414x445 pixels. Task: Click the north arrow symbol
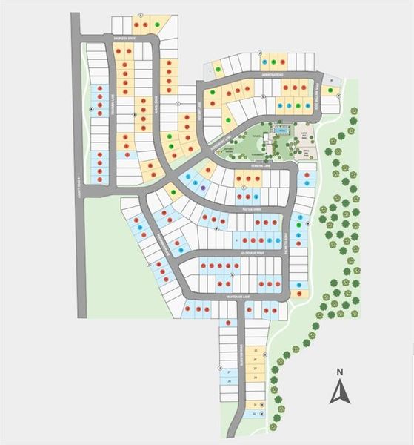pos(338,391)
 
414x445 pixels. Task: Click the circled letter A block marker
pos(92,109)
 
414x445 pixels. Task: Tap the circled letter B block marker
pos(133,115)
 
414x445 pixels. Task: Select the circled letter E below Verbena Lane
pos(244,188)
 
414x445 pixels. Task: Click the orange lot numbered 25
pos(256,350)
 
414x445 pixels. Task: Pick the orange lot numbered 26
pos(256,359)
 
